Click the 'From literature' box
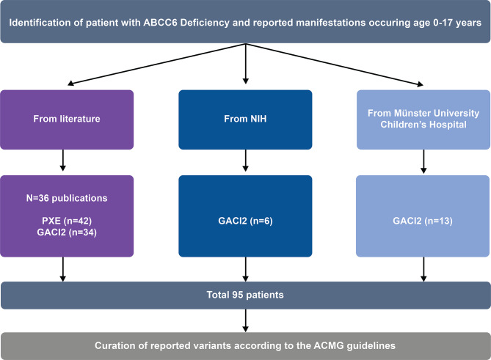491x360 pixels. (67, 120)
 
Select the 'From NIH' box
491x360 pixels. (245, 120)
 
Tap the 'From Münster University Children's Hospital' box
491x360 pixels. (423, 120)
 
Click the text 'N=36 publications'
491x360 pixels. (67, 198)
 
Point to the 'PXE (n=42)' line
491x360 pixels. (67, 221)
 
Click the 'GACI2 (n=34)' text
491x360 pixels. (67, 232)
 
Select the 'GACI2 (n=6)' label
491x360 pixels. (245, 221)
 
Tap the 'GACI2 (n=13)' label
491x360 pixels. (423, 221)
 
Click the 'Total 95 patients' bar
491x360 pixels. (245, 295)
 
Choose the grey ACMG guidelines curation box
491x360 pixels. (245, 346)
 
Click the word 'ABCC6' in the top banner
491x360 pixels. (160, 23)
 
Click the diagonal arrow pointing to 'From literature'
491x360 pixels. (156, 64)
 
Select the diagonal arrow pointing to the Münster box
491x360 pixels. (335, 64)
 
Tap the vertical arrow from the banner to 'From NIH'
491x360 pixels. (245, 64)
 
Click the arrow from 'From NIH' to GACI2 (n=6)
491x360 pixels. (245, 161)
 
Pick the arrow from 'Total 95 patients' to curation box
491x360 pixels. (245, 320)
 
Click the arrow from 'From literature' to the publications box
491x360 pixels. (62, 160)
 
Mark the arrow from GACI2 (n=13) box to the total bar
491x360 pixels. (423, 269)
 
